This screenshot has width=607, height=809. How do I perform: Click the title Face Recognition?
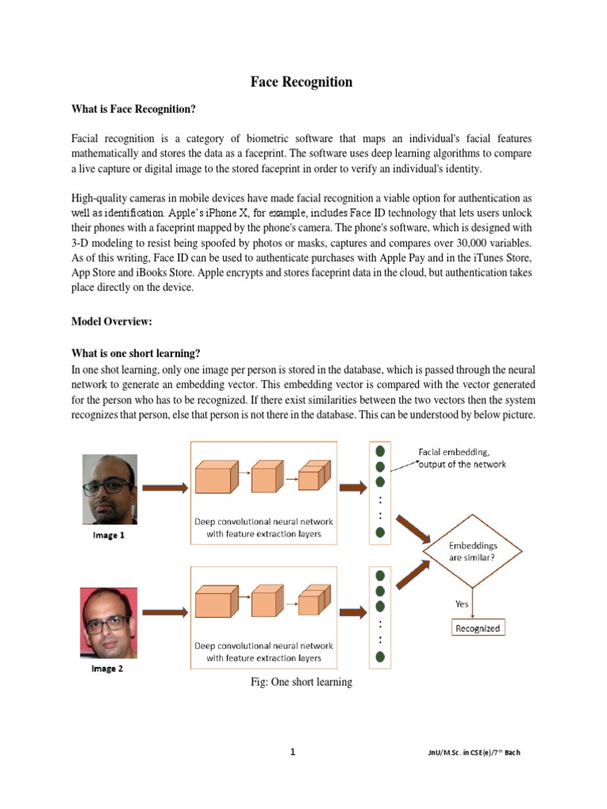[302, 82]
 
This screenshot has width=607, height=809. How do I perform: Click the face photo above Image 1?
[110, 489]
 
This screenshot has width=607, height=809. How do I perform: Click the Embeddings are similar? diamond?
[473, 550]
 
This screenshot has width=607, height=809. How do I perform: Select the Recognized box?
[477, 629]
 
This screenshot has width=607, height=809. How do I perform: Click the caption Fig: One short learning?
[300, 682]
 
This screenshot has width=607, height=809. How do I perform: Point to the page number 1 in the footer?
[292, 752]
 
